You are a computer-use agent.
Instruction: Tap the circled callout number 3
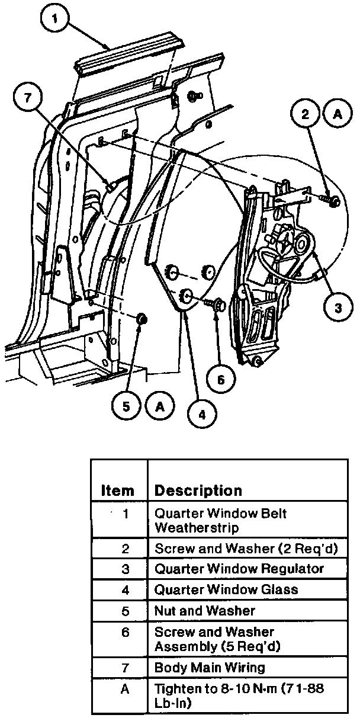337,307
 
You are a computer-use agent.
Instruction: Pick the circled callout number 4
202,414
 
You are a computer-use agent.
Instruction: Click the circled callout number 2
306,114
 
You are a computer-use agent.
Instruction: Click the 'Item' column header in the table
118,491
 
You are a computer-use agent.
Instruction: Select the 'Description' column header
198,491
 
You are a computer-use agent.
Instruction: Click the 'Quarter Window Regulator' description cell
239,569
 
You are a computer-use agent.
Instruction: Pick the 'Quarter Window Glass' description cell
226,589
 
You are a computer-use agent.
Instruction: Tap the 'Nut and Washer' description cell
204,610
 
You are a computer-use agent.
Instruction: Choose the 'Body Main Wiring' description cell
210,668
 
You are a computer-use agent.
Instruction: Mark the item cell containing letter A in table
124,690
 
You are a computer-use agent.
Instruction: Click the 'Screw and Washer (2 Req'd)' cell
246,549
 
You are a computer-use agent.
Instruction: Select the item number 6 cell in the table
124,632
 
